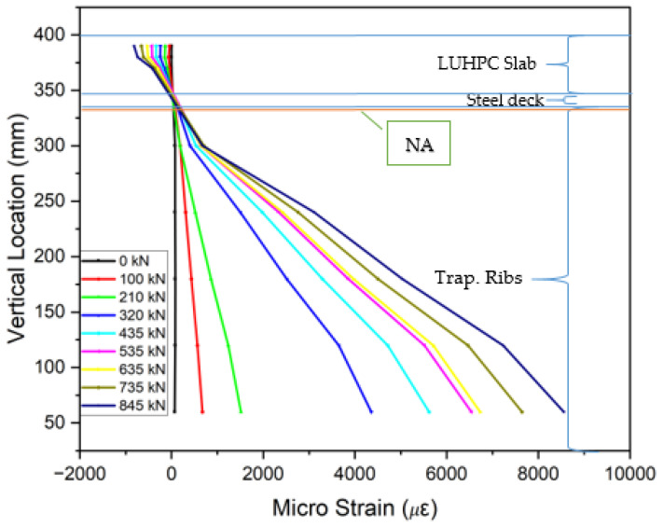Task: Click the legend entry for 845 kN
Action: point(119,406)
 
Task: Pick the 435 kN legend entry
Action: point(119,331)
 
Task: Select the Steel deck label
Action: point(505,101)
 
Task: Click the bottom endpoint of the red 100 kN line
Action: point(202,411)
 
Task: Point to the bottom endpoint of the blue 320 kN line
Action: point(371,411)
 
